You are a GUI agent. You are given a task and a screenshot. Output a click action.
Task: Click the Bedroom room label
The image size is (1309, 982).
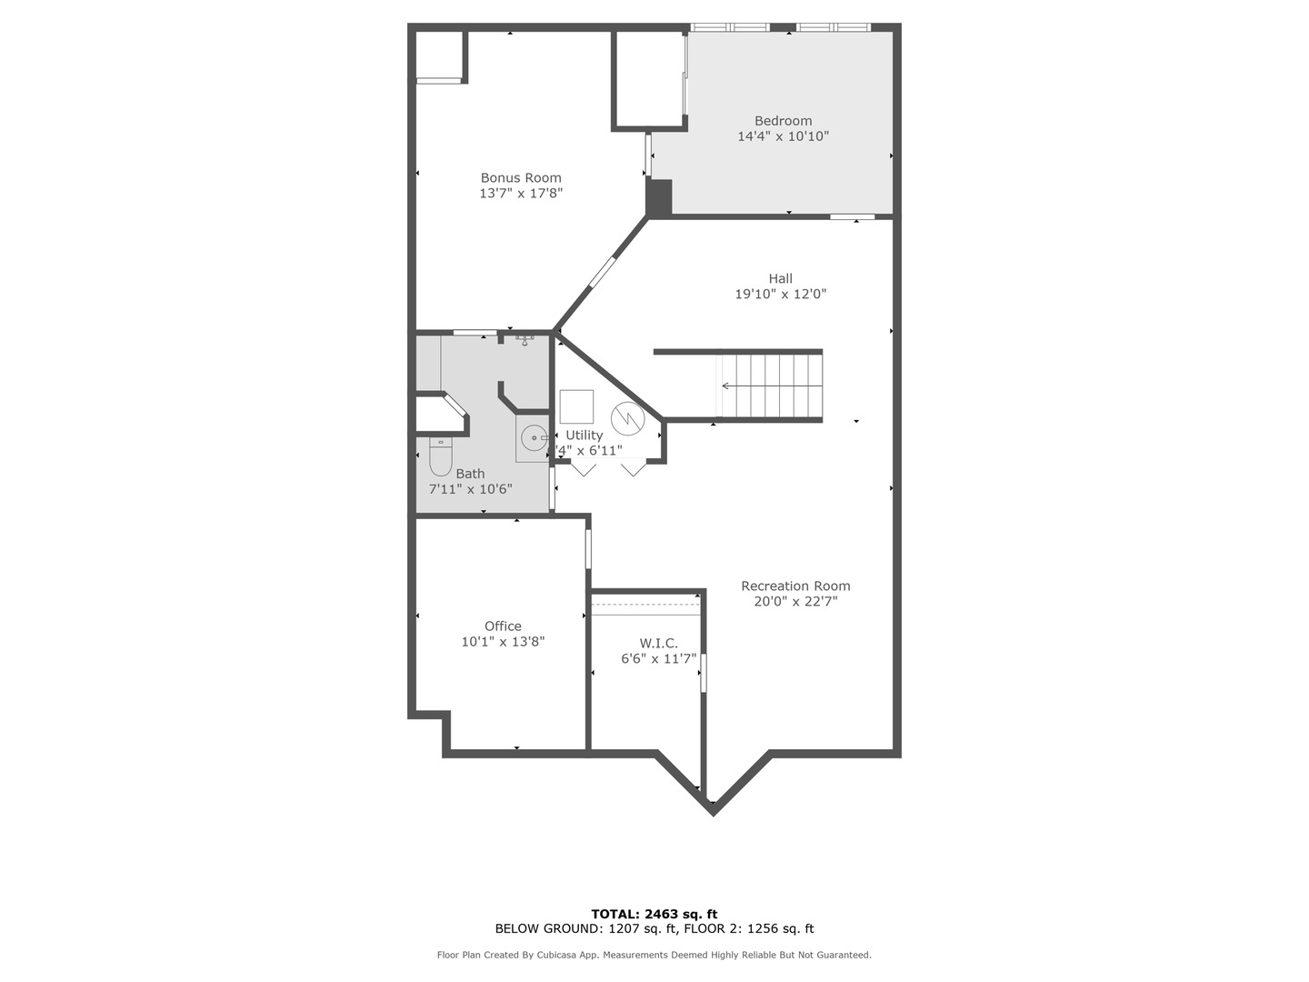point(783,121)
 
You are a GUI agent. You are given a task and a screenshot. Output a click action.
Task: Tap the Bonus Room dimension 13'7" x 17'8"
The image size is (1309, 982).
point(521,193)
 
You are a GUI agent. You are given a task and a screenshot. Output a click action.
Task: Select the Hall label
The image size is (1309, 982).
point(780,279)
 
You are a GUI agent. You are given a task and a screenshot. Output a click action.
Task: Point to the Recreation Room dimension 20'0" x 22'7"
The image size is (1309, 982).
point(795,601)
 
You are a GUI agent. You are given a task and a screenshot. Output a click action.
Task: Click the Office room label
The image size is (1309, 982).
point(503,626)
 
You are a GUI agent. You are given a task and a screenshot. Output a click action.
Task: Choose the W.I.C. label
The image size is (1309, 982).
point(658,644)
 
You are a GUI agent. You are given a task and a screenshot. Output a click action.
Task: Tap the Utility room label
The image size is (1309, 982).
point(584,436)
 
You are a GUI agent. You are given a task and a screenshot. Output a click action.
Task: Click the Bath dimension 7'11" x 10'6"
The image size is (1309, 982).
point(470,489)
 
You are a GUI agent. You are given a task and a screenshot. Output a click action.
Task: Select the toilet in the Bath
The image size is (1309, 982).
point(440,456)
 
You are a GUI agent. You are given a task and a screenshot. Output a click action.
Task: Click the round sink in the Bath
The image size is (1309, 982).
point(533,437)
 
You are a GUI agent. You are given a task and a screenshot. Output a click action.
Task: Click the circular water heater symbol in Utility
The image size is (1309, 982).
point(627,418)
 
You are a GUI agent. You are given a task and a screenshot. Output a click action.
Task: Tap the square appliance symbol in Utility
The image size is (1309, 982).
point(576,406)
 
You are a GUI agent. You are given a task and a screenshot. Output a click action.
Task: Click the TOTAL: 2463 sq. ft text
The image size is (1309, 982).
point(654,914)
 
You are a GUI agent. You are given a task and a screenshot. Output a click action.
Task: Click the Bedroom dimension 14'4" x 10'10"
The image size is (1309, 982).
point(783,136)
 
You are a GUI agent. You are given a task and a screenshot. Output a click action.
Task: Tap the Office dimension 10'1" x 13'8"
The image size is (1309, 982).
point(503,642)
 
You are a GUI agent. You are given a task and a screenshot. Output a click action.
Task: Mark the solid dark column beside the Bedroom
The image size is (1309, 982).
point(659,197)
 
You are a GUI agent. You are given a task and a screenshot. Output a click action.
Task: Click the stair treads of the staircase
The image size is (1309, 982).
point(773,386)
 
